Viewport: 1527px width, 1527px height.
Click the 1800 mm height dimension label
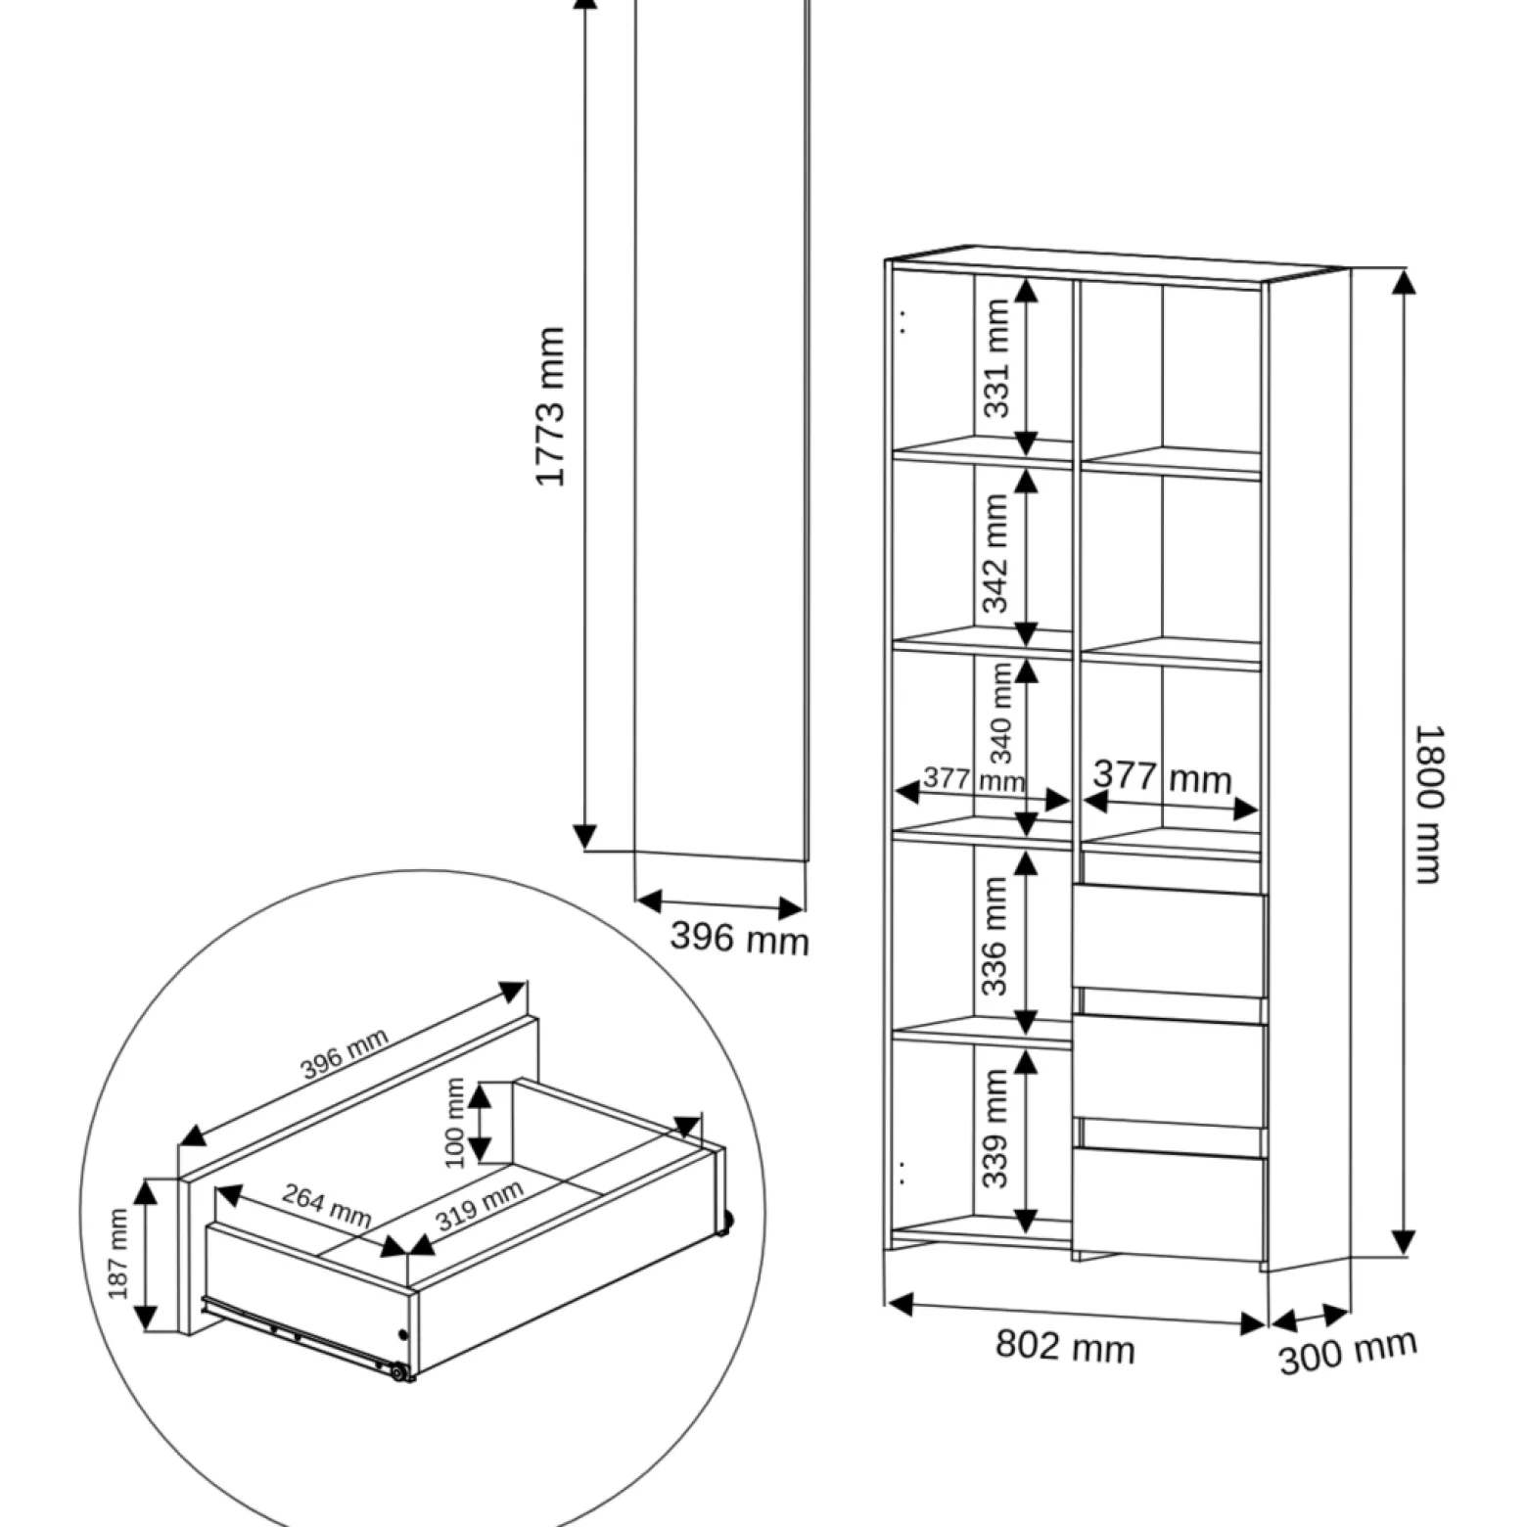pyautogui.click(x=1429, y=805)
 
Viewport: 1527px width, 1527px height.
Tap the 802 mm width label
pyautogui.click(x=1065, y=1346)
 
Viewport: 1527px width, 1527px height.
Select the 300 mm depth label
pyautogui.click(x=1348, y=1352)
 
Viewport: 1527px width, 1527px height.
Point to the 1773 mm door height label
pyautogui.click(x=550, y=406)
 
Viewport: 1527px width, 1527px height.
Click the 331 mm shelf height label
pyautogui.click(x=995, y=358)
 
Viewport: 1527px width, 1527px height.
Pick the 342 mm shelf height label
pyautogui.click(x=995, y=553)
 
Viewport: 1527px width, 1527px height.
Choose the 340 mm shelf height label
pyautogui.click(x=1001, y=714)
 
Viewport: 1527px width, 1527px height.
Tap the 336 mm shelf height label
pyautogui.click(x=995, y=936)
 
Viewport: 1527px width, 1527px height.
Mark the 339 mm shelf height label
pyautogui.click(x=995, y=1128)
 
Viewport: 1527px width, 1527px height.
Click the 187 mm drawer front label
pyautogui.click(x=118, y=1254)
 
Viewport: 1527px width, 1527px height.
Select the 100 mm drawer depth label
pyautogui.click(x=455, y=1123)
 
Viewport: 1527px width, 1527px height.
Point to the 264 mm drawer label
pyautogui.click(x=327, y=1205)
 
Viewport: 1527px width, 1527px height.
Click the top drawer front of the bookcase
pyautogui.click(x=1170, y=941)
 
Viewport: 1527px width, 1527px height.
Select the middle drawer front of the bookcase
pyautogui.click(x=1170, y=1071)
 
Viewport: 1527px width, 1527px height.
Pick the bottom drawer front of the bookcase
pyautogui.click(x=1170, y=1203)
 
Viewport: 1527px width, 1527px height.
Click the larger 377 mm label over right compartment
pyautogui.click(x=1163, y=777)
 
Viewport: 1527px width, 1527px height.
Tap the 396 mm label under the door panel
pyautogui.click(x=740, y=938)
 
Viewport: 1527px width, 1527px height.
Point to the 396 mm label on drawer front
pyautogui.click(x=345, y=1053)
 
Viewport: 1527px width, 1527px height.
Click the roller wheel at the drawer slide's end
pyautogui.click(x=398, y=1372)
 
